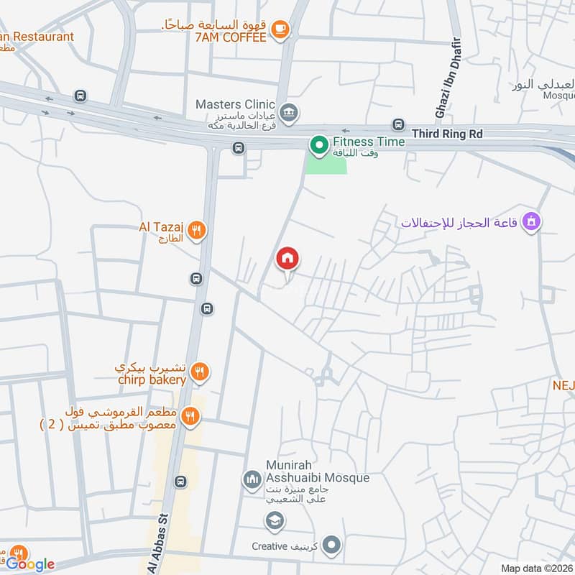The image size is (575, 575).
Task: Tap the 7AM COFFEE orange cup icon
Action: (280, 29)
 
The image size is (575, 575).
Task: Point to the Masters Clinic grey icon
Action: (289, 111)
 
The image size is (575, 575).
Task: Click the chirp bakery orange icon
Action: (200, 372)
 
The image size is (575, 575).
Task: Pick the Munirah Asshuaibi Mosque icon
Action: (252, 478)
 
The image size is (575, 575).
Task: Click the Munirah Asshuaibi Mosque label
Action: (317, 471)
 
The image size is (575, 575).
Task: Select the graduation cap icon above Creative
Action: (273, 520)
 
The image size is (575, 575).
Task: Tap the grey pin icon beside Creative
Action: (331, 546)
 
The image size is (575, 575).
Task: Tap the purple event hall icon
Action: (531, 222)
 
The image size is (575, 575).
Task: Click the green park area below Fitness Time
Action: (327, 165)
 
